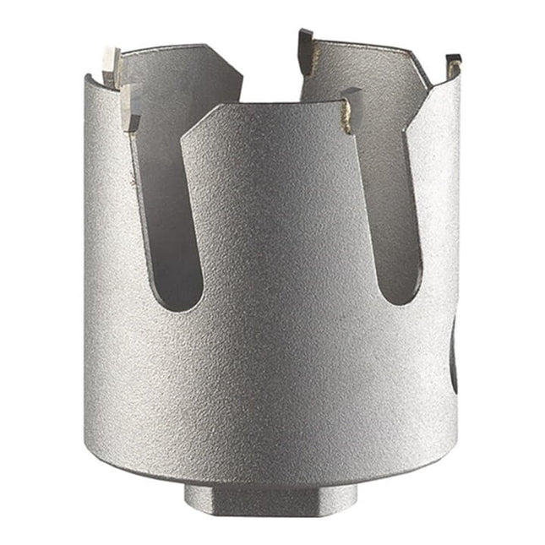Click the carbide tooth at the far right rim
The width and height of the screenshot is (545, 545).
click(454, 63)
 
